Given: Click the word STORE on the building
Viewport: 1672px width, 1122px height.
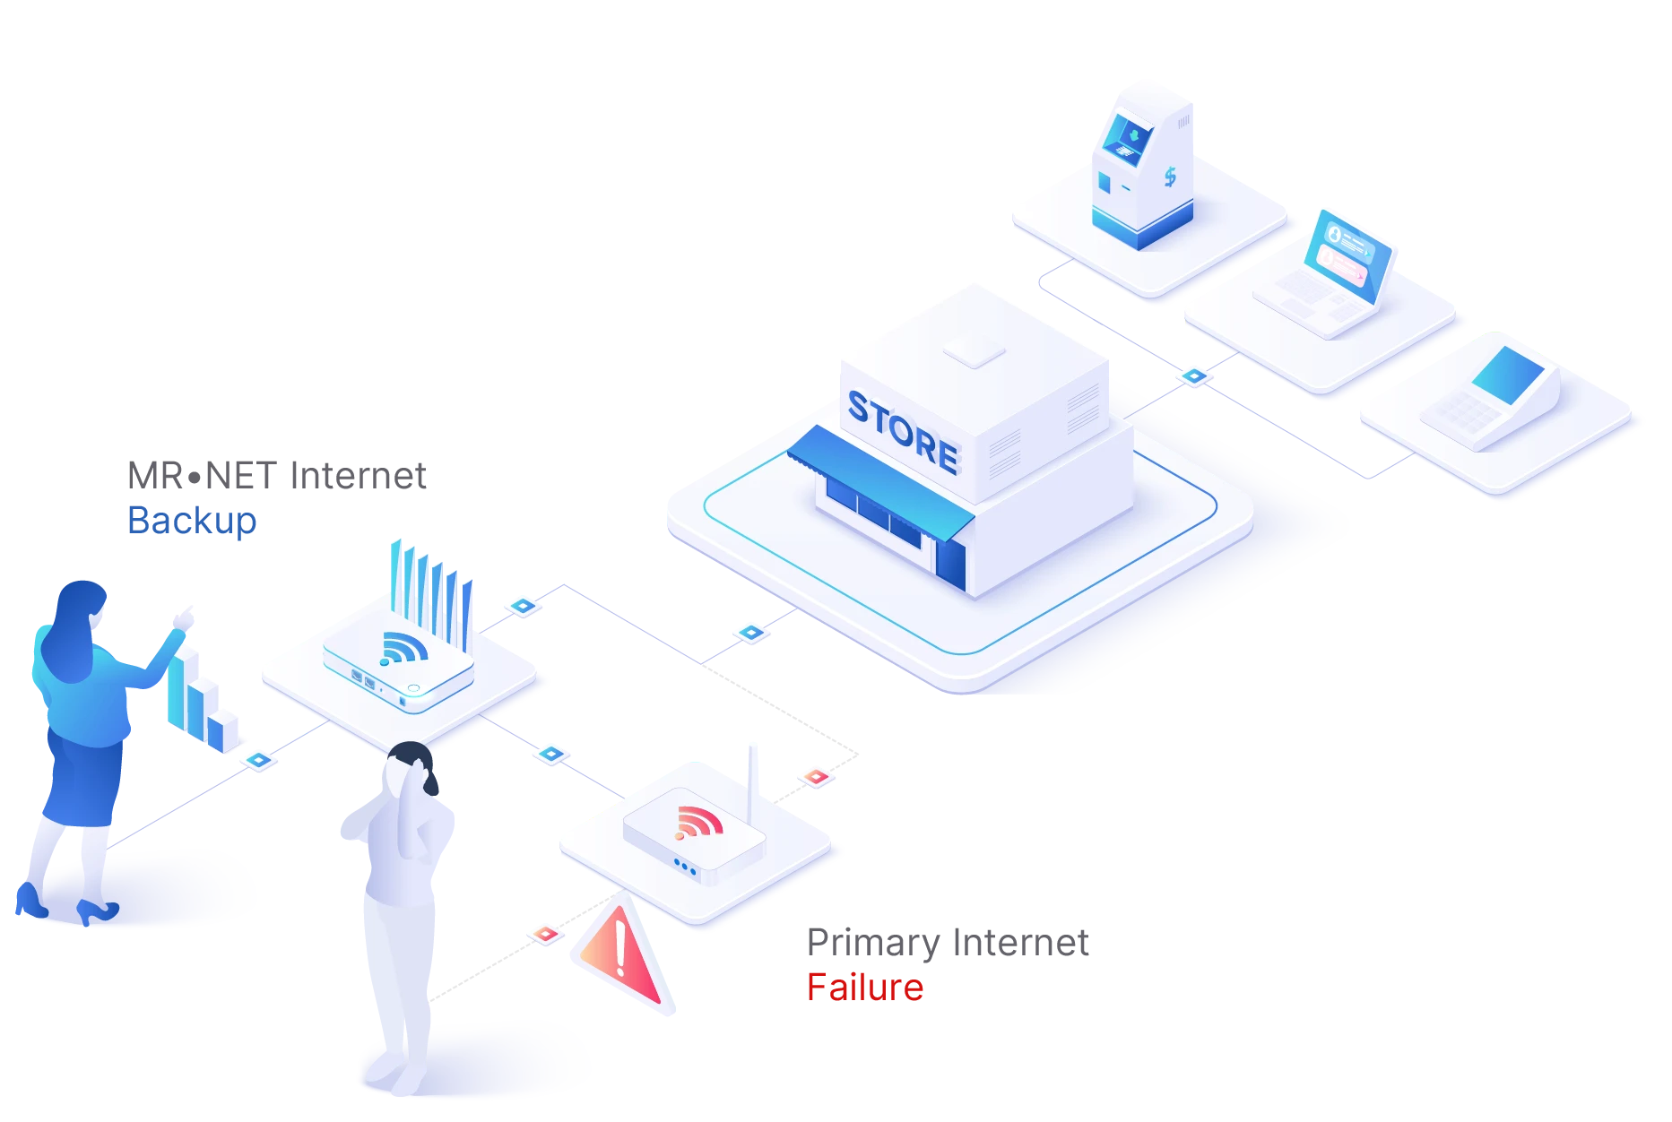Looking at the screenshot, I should point(903,433).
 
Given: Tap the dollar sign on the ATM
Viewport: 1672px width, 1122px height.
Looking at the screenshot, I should point(1170,177).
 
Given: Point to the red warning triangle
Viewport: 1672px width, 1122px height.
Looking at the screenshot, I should point(622,956).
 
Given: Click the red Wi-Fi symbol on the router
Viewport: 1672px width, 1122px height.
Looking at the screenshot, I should point(698,822).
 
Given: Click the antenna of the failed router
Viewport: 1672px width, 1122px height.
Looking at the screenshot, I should point(753,771).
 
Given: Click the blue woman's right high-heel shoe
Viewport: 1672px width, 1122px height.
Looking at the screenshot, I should point(97,912).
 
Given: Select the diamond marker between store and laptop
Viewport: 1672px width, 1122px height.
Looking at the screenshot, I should point(1194,376).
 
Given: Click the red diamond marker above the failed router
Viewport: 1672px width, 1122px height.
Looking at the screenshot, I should point(816,777).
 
